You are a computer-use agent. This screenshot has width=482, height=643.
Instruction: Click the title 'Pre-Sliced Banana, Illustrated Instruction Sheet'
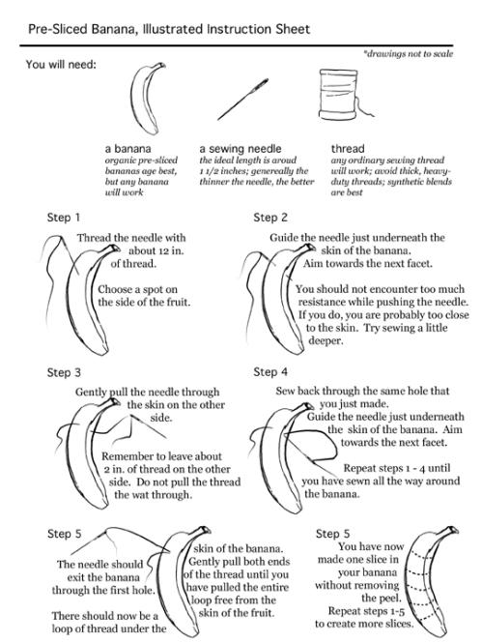169,29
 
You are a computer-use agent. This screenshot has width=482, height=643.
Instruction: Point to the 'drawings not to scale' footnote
408,54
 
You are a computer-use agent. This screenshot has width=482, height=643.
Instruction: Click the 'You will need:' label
61,65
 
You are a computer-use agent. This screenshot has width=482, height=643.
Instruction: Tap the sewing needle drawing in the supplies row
242,100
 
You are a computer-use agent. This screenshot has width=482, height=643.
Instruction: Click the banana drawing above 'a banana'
147,99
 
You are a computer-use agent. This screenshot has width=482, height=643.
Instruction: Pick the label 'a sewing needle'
241,149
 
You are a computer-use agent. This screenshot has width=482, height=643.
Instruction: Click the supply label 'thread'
348,149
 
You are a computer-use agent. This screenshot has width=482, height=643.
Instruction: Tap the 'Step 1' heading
64,218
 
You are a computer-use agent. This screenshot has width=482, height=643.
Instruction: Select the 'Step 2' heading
270,218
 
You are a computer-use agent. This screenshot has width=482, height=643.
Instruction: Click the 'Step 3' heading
64,372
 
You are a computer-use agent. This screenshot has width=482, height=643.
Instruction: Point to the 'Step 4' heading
270,372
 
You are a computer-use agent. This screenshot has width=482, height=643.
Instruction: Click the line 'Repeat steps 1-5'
366,611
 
